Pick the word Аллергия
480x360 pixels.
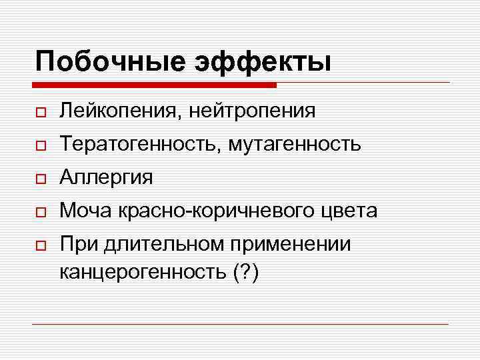[105, 177]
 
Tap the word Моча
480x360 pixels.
[87, 211]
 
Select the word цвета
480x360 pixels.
[349, 211]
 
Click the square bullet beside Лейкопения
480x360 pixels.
[41, 111]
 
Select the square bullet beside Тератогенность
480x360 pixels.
[41, 145]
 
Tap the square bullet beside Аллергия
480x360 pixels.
[41, 178]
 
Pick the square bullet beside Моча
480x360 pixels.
[41, 211]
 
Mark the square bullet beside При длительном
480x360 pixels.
[41, 245]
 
